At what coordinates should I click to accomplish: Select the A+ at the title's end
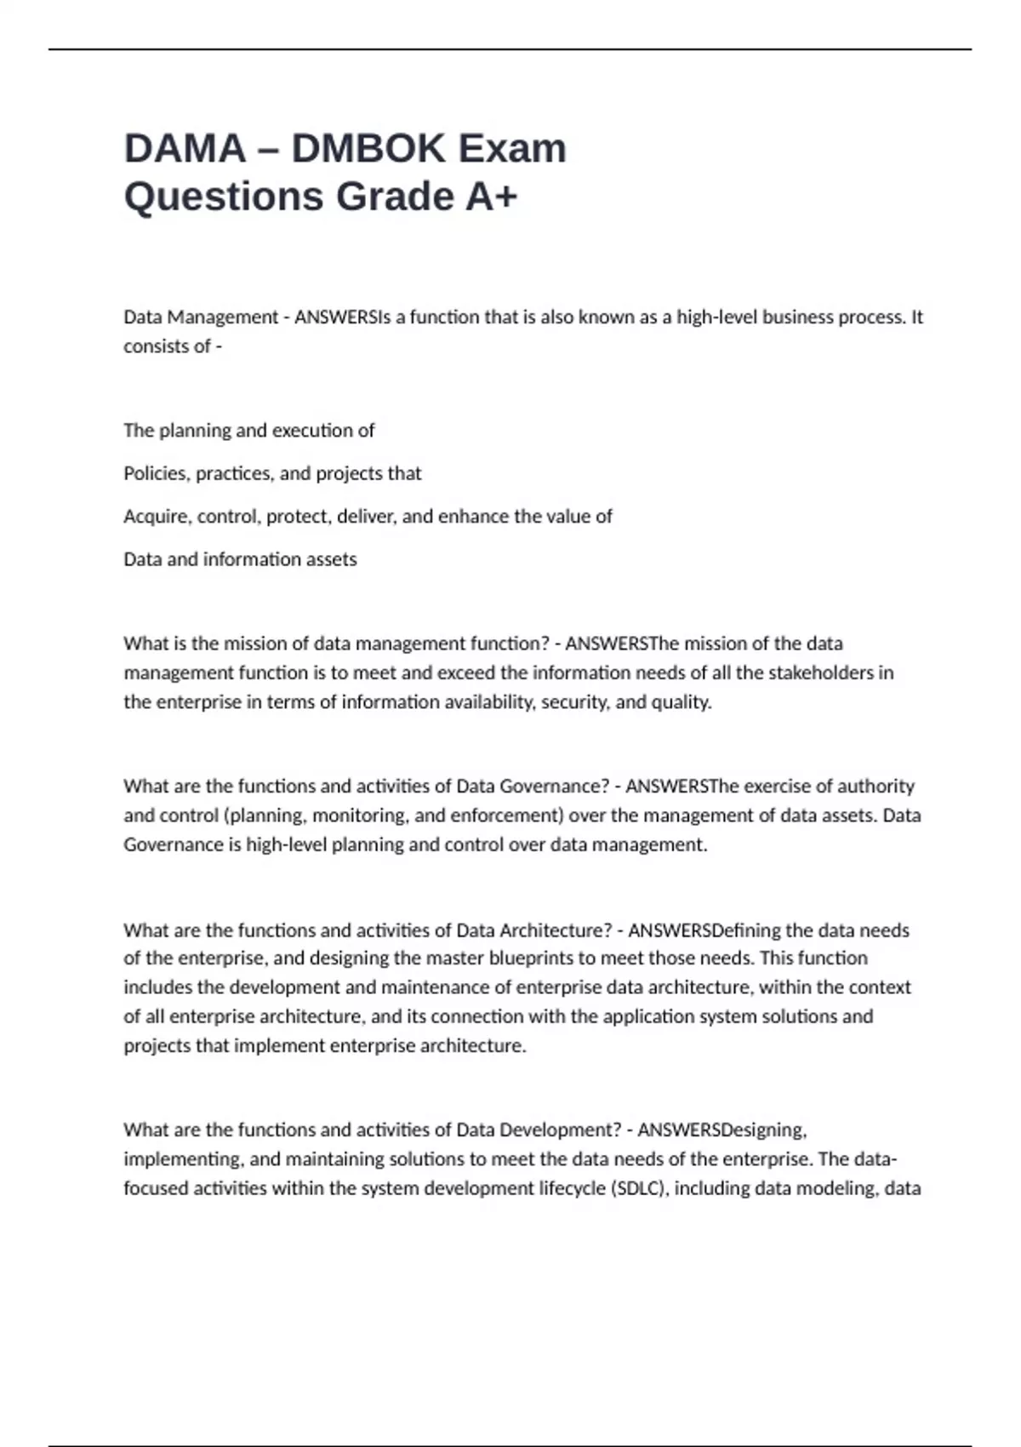point(491,197)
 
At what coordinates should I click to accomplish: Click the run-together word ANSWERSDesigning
point(722,1130)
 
